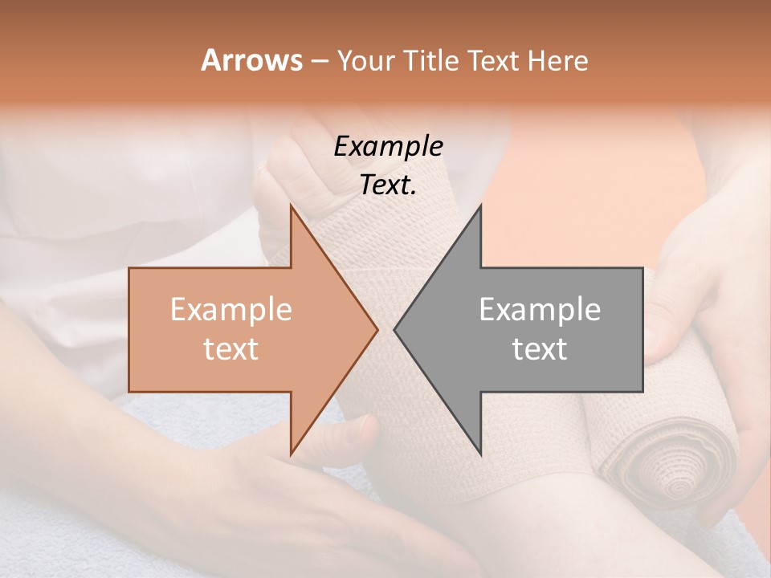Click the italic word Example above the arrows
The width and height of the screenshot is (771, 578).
coord(388,147)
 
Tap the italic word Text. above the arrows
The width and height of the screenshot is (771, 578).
coord(388,185)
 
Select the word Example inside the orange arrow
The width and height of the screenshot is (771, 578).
coord(231,310)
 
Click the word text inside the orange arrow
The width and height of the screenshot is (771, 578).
coord(231,349)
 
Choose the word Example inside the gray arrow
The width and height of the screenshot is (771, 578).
coord(540,310)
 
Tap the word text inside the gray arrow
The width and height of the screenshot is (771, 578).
coord(540,349)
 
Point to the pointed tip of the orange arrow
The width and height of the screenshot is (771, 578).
coord(377,329)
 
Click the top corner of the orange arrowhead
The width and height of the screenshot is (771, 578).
coord(291,206)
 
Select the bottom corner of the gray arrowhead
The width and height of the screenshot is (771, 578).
coord(480,454)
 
